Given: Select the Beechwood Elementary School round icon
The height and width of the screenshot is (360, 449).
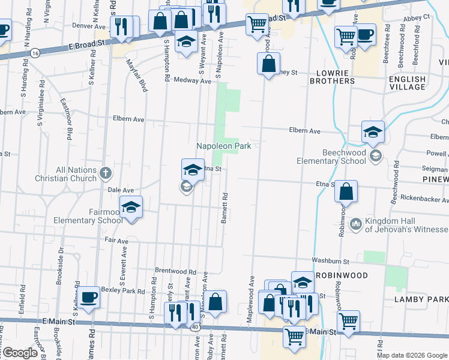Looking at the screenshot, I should (375, 157).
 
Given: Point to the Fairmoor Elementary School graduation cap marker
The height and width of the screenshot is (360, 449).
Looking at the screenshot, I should (131, 208).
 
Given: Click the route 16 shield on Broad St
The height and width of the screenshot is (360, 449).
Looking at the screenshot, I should (37, 53).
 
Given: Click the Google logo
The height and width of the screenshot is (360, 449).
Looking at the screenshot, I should (19, 353).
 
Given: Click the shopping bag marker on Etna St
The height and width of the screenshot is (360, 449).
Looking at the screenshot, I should (346, 192).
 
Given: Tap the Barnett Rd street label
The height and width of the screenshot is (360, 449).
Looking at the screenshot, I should (224, 208).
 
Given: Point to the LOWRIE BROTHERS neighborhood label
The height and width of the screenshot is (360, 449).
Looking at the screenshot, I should (332, 77).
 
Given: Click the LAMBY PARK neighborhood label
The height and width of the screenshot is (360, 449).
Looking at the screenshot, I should (421, 299).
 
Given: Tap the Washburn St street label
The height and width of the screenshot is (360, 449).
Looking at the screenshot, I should (330, 261).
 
